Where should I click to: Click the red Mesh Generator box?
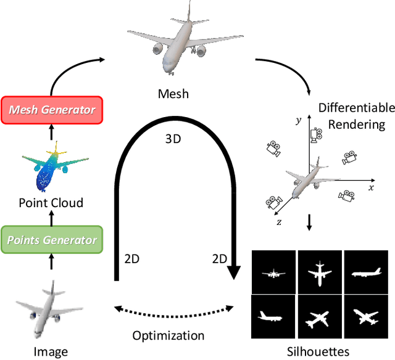[x=51, y=110]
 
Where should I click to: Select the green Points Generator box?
[x=51, y=240]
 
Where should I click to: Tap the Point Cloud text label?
[x=51, y=203]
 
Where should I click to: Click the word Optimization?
[x=168, y=335]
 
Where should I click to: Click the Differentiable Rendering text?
[x=356, y=116]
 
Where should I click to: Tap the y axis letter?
[x=299, y=121]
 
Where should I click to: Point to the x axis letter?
[x=370, y=187]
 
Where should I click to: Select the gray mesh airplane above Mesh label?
[x=168, y=40]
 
